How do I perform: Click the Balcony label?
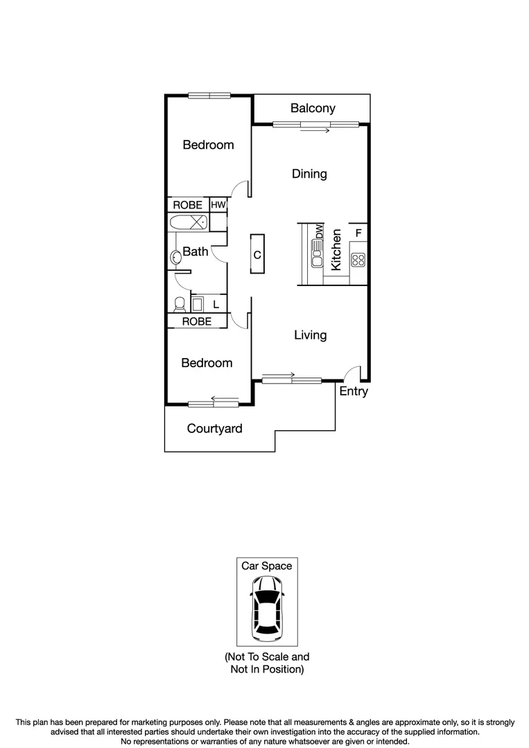pos(313,108)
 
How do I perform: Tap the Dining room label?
pos(309,174)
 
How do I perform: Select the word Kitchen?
pos(336,249)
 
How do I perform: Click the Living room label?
pos(310,335)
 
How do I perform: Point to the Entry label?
pos(354,391)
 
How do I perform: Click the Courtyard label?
pos(215,429)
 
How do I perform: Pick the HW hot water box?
pos(218,205)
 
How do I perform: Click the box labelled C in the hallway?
pos(257,255)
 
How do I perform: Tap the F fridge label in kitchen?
pos(359,232)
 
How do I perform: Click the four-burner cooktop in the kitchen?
pos(358,260)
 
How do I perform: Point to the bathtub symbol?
pos(188,222)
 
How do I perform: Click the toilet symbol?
pos(179,304)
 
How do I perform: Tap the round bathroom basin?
pos(175,258)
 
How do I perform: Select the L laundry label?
pos(216,304)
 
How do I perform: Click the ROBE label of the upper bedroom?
pos(188,205)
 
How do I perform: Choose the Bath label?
pos(196,251)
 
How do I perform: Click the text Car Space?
pos(267,566)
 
